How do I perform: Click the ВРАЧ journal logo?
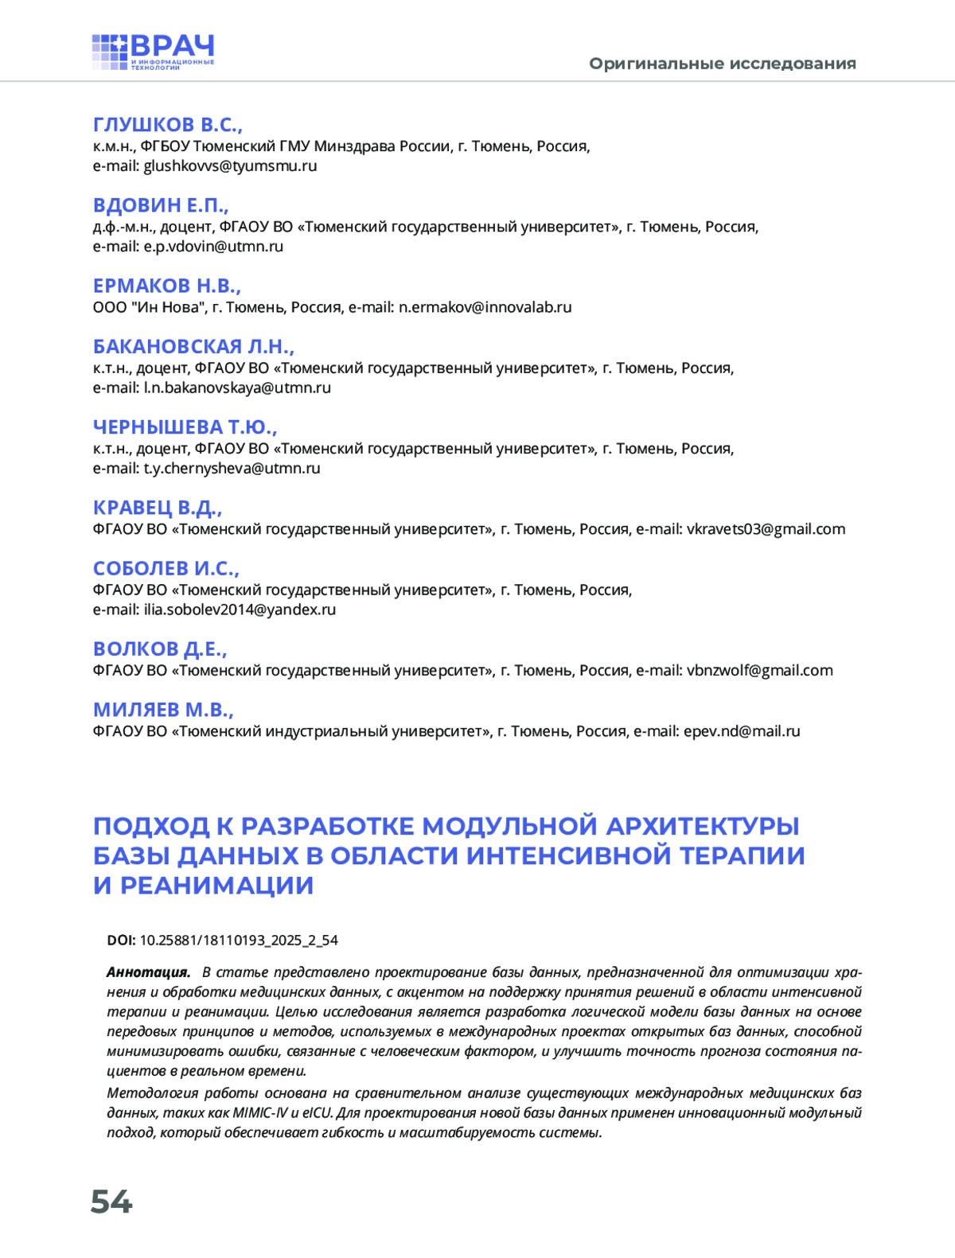point(153,53)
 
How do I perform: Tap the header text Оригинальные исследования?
point(722,64)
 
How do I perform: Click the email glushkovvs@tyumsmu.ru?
point(230,166)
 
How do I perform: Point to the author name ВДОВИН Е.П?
point(160,205)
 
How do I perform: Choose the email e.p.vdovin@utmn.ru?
point(213,247)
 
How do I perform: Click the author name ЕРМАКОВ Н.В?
point(166,286)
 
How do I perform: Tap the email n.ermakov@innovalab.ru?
point(485,307)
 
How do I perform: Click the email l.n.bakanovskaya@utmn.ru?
point(237,388)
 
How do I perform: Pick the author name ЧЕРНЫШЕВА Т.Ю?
point(185,427)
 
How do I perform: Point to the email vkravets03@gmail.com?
point(766,529)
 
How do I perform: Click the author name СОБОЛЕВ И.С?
point(166,569)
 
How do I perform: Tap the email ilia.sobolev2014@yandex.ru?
point(240,610)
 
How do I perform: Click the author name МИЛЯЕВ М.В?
point(163,710)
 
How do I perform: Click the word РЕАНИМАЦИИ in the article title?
point(216,886)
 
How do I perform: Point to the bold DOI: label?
point(121,941)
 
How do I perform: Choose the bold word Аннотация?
point(148,972)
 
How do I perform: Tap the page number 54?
point(111,1202)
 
